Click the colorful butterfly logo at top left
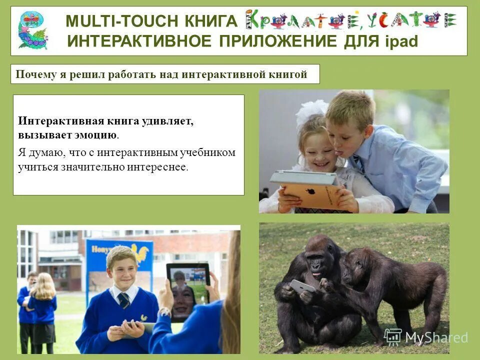click(32, 30)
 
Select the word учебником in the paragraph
click(210, 152)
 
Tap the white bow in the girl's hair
click(310, 111)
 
